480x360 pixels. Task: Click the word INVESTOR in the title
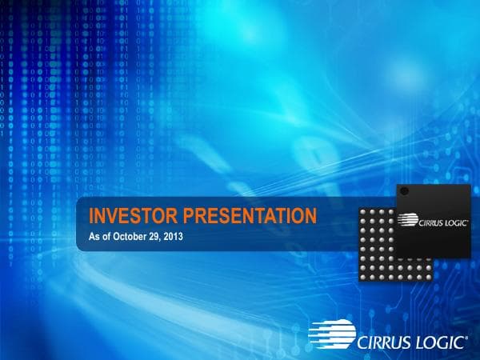point(133,215)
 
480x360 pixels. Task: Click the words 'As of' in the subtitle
point(98,235)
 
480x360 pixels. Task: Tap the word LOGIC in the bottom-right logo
point(439,342)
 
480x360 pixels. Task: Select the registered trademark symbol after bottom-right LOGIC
point(467,336)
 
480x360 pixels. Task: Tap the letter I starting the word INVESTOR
point(91,215)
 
